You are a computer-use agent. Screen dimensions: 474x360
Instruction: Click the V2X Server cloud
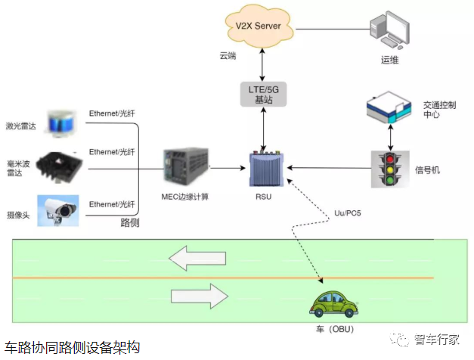[259, 26]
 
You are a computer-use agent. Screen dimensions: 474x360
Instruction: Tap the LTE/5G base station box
[263, 94]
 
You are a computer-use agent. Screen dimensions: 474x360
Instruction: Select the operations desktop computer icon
[390, 30]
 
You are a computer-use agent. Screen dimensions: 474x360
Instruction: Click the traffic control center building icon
[389, 107]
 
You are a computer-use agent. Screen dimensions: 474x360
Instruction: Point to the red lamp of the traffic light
[390, 159]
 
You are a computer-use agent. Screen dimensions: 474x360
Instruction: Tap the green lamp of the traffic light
[390, 180]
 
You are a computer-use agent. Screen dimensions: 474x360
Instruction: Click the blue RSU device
[267, 168]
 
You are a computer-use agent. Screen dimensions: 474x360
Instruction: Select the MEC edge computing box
[186, 166]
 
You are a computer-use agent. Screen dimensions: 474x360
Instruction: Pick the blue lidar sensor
[62, 123]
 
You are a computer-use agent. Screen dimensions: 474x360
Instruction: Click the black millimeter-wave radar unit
[59, 167]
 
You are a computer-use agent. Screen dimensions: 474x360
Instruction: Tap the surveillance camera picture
[58, 210]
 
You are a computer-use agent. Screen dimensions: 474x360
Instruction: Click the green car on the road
[334, 304]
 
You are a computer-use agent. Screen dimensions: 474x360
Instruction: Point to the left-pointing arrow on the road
[197, 258]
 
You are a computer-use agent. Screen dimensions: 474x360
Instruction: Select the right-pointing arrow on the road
[200, 296]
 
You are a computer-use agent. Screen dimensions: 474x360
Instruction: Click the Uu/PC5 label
[347, 213]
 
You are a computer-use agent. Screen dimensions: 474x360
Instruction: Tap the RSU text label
[263, 197]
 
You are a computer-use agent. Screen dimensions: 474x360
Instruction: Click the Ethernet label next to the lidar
[112, 113]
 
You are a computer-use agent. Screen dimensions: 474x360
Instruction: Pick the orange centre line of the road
[223, 278]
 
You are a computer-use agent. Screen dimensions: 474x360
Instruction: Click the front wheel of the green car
[350, 312]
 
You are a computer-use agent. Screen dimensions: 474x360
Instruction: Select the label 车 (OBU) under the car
[335, 329]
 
